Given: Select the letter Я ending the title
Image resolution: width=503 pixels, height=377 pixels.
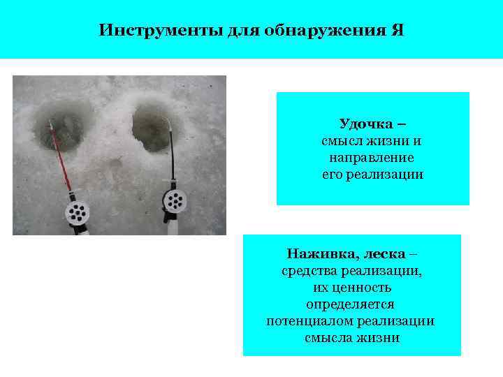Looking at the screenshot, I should pyautogui.click(x=398, y=31).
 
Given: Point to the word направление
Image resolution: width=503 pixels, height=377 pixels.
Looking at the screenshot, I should pyautogui.click(x=372, y=158).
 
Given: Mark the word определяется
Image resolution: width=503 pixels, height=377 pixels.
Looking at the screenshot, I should pyautogui.click(x=351, y=304).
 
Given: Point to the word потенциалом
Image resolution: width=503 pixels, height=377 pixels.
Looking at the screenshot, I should pyautogui.click(x=307, y=321).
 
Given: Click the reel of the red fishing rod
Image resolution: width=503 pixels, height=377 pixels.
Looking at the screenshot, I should pyautogui.click(x=76, y=212).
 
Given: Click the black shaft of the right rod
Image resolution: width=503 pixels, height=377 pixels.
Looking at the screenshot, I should pyautogui.click(x=170, y=157).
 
